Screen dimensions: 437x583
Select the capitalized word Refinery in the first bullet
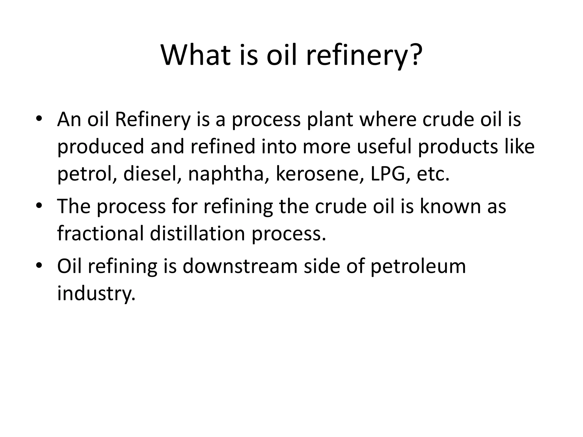[x=152, y=119]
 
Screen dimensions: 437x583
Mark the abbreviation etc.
[x=433, y=174]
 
